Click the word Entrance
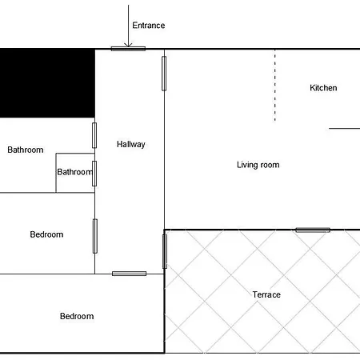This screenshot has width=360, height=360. tap(149, 26)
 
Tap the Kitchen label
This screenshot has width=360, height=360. tap(323, 88)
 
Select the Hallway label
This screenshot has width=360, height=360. tap(131, 144)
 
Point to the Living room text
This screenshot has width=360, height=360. tap(258, 165)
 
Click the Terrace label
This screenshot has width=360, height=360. tap(266, 294)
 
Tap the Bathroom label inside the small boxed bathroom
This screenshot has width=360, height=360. tap(75, 172)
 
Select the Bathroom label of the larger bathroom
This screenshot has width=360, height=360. tap(26, 150)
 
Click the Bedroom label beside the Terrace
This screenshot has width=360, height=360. tap(77, 316)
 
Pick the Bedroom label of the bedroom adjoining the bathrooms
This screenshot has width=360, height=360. tap(46, 234)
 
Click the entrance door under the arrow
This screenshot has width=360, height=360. tap(128, 49)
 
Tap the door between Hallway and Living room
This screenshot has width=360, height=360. tap(164, 74)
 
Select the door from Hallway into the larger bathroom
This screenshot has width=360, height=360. tap(94, 135)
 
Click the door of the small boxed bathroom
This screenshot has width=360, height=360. tap(94, 174)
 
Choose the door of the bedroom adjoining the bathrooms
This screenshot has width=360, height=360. tap(95, 236)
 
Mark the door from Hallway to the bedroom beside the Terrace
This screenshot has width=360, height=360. tap(129, 274)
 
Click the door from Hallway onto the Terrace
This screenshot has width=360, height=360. tap(165, 251)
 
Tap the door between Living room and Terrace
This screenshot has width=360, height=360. tap(313, 230)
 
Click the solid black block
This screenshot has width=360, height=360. tap(47, 83)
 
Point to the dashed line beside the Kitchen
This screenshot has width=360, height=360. tap(275, 86)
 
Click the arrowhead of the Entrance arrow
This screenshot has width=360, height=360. tap(128, 45)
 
